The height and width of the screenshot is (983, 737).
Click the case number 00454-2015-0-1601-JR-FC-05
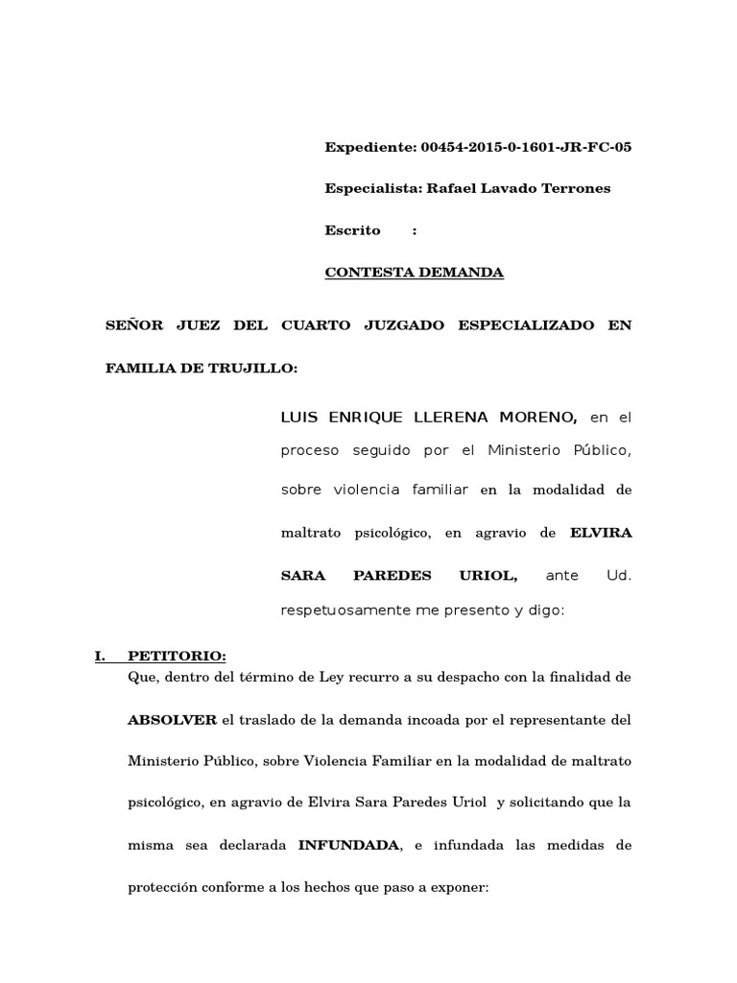(x=527, y=147)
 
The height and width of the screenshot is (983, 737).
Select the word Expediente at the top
(x=368, y=147)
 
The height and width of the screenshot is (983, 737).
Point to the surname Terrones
(x=578, y=188)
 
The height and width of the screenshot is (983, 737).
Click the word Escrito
(x=353, y=230)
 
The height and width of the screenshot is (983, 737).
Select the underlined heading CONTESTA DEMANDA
(x=415, y=273)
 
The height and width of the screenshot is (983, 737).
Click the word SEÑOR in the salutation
(x=132, y=325)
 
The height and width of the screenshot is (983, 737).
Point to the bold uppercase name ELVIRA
(x=601, y=532)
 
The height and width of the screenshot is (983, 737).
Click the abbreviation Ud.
(x=620, y=575)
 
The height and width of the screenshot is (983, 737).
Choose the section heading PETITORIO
(x=177, y=657)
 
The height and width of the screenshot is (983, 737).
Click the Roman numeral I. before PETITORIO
(x=99, y=657)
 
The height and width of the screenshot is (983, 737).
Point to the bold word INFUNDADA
(x=349, y=846)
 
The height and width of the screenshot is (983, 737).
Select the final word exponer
(x=456, y=888)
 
